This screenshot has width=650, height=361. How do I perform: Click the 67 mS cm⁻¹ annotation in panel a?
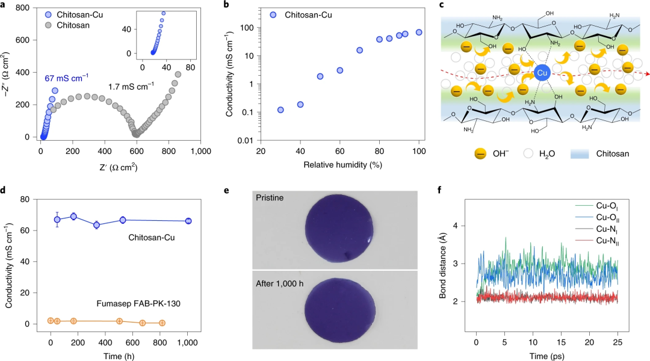[67, 77]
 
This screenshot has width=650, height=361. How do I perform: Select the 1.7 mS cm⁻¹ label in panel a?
[131, 87]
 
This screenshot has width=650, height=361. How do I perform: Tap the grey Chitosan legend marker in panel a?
[48, 25]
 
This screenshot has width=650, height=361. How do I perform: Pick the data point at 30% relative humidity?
[280, 110]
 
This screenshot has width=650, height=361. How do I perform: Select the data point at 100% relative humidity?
[419, 32]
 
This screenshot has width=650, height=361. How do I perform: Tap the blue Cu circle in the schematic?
[542, 73]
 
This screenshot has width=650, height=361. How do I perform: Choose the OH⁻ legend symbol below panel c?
[480, 154]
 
